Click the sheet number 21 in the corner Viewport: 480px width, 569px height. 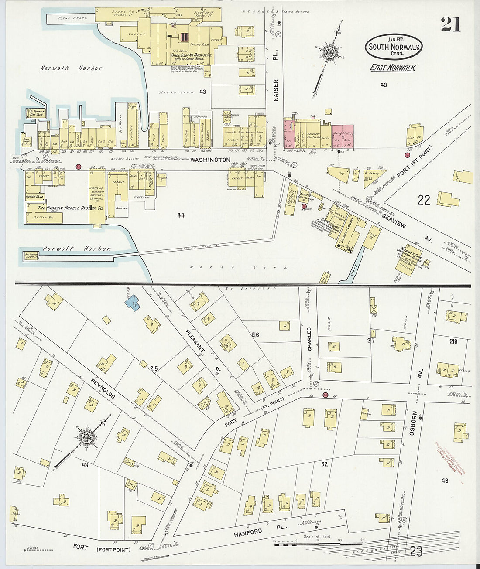450,24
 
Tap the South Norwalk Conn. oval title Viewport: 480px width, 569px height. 394,47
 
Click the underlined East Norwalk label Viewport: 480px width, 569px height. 392,68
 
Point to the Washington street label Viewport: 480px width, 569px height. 210,160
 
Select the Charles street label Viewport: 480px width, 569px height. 309,339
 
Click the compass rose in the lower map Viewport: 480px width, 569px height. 86,439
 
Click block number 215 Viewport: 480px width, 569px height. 153,369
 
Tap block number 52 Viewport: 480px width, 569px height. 324,464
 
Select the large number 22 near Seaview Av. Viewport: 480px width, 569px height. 424,200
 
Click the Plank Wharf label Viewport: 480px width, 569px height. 72,18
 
